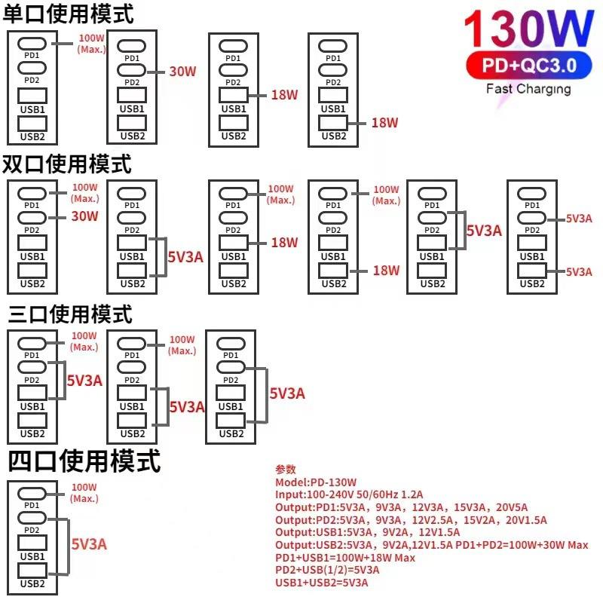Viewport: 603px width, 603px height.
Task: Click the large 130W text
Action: (529, 29)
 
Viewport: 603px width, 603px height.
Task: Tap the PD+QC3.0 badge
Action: (529, 65)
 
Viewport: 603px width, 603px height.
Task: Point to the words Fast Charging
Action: (528, 89)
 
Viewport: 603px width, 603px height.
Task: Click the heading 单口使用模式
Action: (69, 14)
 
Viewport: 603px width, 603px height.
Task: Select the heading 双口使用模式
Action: (67, 164)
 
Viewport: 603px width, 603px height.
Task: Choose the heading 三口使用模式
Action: (70, 314)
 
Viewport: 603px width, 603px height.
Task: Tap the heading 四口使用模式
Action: (84, 461)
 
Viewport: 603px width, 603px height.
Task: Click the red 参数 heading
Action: (286, 469)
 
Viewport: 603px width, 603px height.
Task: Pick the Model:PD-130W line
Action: (316, 482)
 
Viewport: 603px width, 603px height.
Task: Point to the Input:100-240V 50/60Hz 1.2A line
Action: (349, 494)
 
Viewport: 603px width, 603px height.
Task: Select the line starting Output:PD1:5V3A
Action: (401, 507)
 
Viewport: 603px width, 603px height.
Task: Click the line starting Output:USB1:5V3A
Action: (367, 532)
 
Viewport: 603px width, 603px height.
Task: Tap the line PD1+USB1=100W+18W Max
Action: (345, 558)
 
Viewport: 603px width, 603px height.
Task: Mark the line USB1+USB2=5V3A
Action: (322, 583)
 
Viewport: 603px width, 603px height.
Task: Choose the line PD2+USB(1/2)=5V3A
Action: (327, 570)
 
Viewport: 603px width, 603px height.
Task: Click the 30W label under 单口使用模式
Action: (182, 71)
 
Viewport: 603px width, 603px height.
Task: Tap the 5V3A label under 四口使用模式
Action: (89, 544)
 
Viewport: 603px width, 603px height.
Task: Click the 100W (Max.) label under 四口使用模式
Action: (84, 493)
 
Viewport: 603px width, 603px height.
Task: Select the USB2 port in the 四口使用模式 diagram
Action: (32, 571)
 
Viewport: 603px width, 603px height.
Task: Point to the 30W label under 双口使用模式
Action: (84, 216)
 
